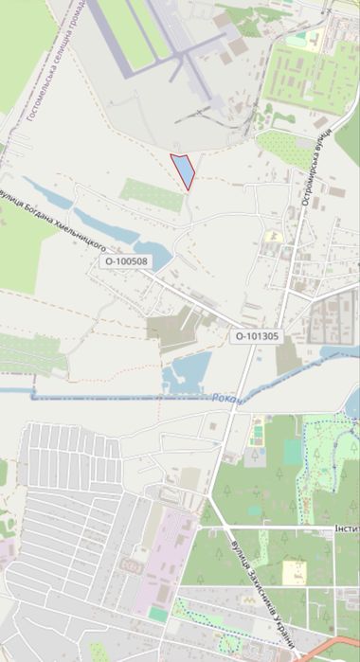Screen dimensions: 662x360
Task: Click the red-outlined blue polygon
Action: [182, 170]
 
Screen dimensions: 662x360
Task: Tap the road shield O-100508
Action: [127, 260]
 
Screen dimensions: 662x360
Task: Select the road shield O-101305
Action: [256, 335]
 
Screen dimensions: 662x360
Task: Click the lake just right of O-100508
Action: [159, 256]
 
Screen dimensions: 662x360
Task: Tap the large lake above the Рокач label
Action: [186, 374]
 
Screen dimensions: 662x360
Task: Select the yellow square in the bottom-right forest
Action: [295, 572]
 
